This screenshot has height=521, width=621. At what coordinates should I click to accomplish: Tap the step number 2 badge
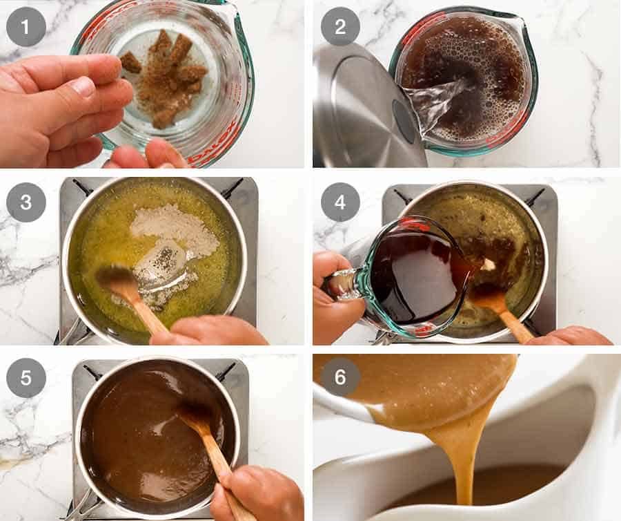[339, 26]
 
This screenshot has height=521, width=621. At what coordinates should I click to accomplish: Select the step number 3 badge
[26, 202]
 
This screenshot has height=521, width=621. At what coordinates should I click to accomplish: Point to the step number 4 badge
[339, 202]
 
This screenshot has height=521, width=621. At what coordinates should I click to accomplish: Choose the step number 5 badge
[26, 377]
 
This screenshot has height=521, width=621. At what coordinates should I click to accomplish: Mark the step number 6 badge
[339, 377]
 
